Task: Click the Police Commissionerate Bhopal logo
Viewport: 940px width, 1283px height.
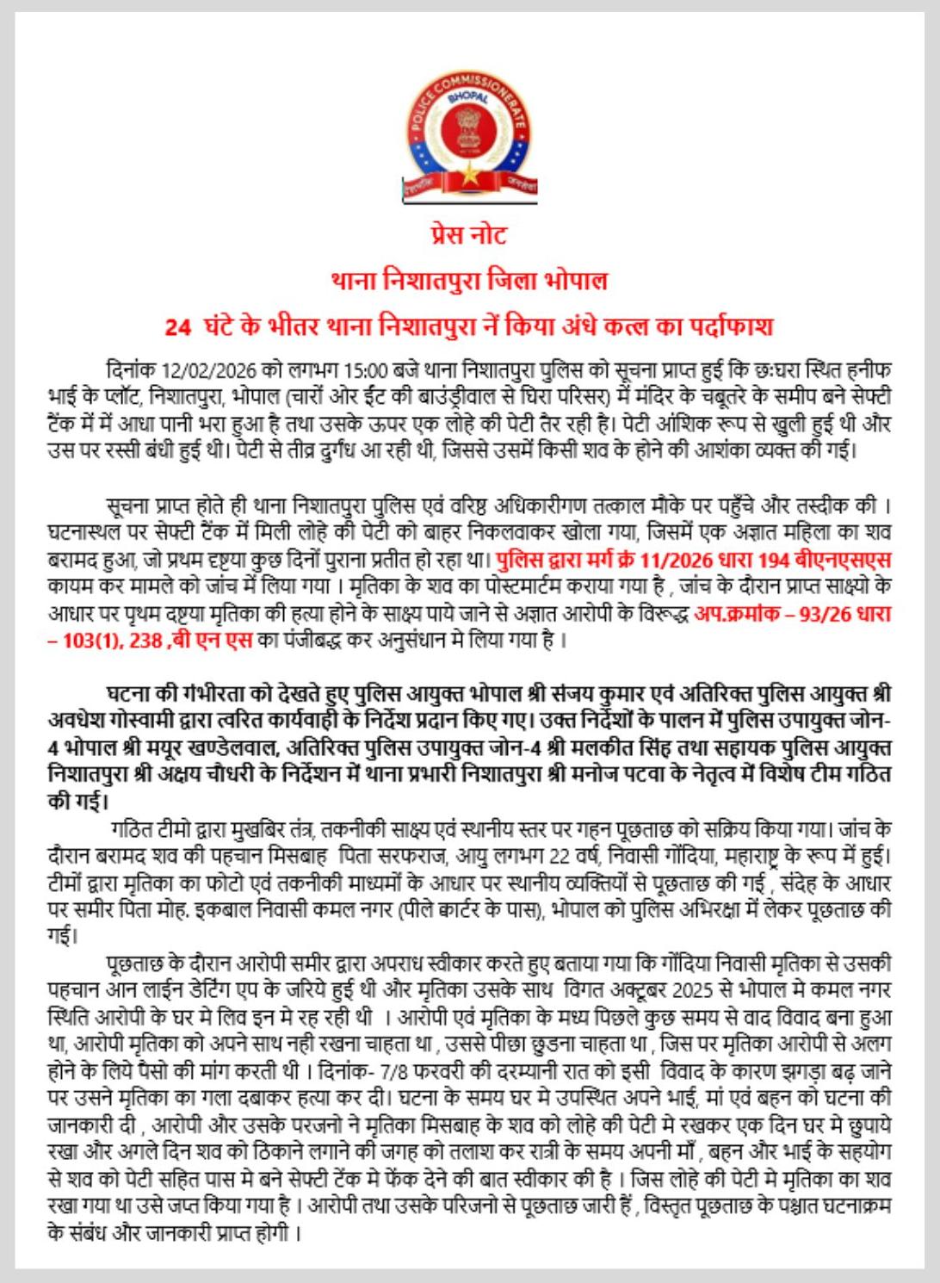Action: coord(470,138)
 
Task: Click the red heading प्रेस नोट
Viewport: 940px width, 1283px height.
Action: coord(469,234)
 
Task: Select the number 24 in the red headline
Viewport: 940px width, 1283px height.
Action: coord(177,327)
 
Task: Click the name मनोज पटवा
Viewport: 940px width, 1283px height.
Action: coord(609,774)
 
